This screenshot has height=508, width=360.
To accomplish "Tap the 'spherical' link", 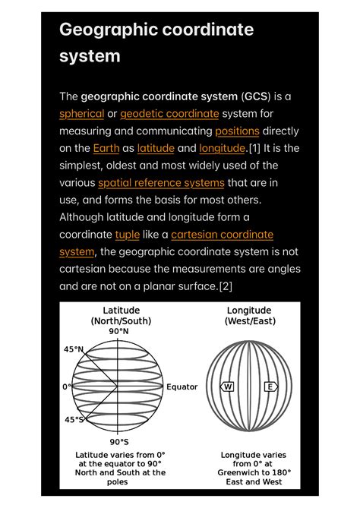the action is [82, 114].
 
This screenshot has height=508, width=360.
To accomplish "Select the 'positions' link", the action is [237, 131].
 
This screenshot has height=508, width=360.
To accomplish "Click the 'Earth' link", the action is [106, 148].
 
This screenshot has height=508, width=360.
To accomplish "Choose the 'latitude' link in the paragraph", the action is [156, 148].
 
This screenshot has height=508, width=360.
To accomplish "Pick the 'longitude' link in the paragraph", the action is [222, 148].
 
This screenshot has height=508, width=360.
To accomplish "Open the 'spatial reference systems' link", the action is [161, 183].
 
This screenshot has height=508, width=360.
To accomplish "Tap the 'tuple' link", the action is [127, 235].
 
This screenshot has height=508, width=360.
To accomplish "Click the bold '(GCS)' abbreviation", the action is [261, 96].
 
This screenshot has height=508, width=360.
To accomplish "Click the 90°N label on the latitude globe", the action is [118, 332].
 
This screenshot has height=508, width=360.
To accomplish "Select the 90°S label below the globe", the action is [118, 441].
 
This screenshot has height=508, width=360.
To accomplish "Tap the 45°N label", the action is [74, 349].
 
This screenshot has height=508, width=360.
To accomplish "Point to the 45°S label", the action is [74, 419].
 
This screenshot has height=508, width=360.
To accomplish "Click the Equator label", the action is [182, 387].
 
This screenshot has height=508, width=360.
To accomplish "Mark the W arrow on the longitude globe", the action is [227, 387].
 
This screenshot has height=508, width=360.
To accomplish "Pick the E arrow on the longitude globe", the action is [269, 387].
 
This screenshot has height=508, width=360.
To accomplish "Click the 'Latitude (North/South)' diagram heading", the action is [121, 315].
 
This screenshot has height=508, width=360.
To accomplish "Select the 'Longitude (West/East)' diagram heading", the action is [248, 315].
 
